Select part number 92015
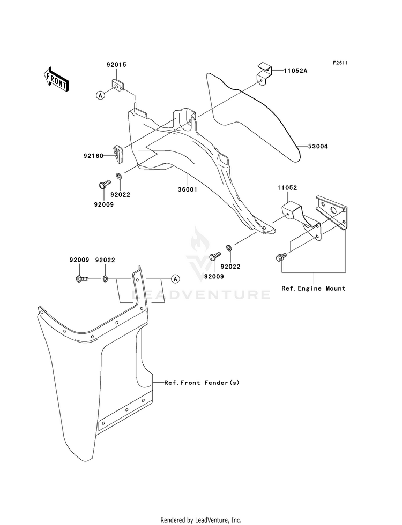(117, 65)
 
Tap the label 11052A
(296, 71)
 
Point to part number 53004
(318, 146)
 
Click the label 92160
(93, 156)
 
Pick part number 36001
(188, 189)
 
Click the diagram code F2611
(340, 63)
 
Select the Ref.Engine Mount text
(314, 288)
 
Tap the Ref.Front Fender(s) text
(202, 382)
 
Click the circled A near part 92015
(100, 95)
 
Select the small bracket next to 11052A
(264, 73)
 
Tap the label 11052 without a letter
(287, 188)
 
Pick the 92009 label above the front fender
(79, 260)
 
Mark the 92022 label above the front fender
(105, 260)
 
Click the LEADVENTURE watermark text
(201, 295)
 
